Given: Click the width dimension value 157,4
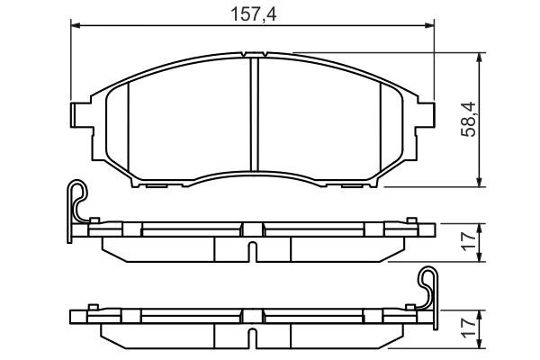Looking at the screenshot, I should pyautogui.click(x=253, y=13).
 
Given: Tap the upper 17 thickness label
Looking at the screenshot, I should pyautogui.click(x=468, y=240).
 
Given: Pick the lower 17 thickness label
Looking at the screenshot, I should pyautogui.click(x=468, y=329).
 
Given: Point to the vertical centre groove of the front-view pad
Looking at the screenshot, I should pyautogui.click(x=253, y=117).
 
